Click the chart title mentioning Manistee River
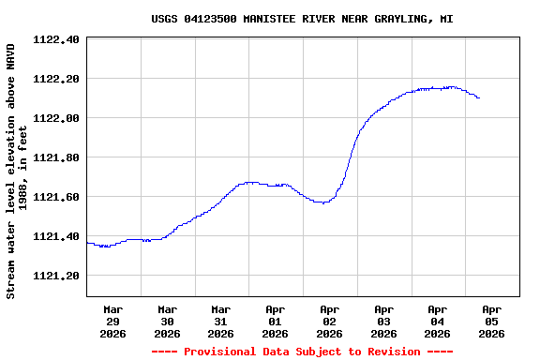(302, 19)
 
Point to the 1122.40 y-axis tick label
(55, 39)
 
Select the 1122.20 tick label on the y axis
(55, 79)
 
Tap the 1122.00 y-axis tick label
(55, 118)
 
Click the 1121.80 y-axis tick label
(55, 157)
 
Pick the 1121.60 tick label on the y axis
(55, 197)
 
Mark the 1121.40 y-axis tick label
(55, 236)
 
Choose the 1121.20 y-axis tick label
(55, 276)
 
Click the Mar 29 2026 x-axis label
(113, 321)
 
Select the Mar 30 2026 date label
(167, 321)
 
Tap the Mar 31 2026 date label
(221, 321)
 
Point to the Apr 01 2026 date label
(276, 321)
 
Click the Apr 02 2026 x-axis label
(329, 321)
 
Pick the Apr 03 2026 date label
(383, 321)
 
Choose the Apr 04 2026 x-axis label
(438, 321)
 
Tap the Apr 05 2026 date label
(491, 321)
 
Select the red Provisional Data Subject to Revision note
(302, 352)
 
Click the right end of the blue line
(479, 97)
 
